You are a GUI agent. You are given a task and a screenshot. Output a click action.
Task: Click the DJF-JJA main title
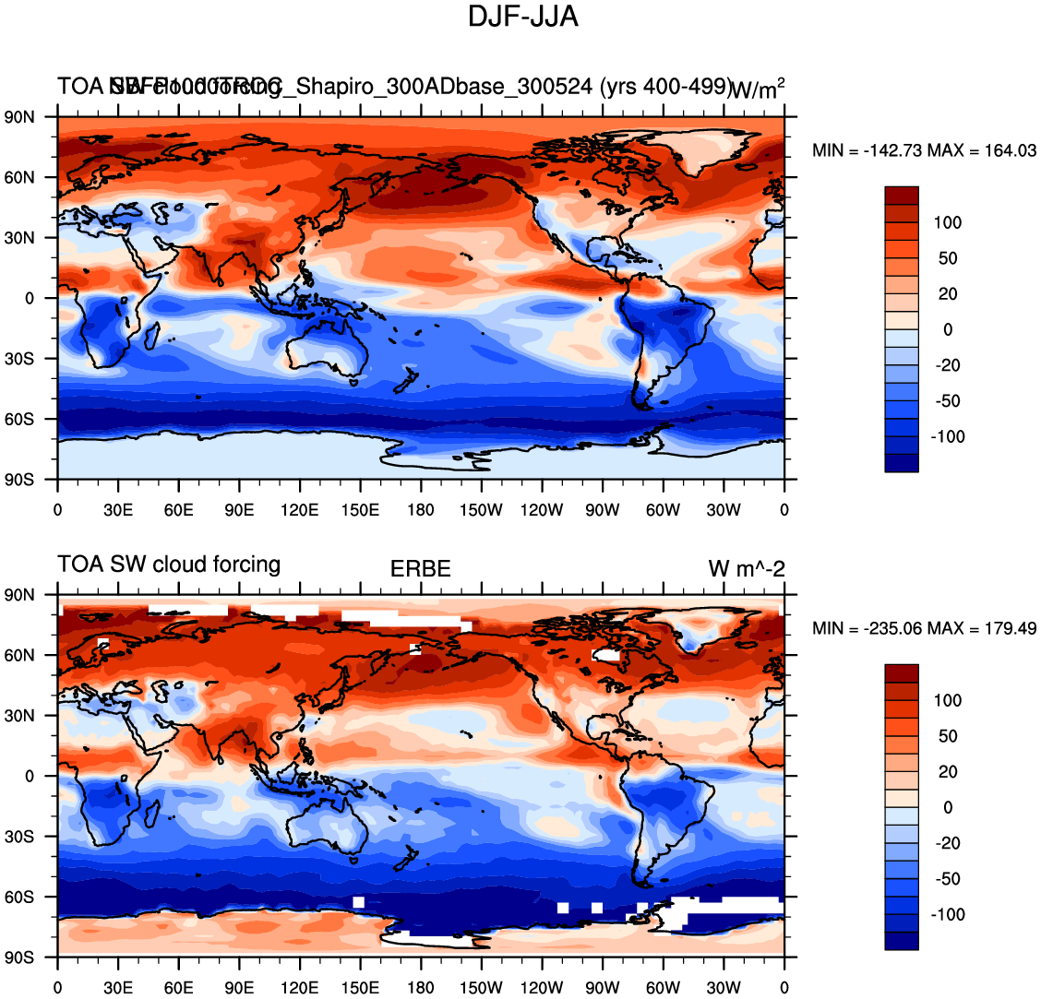click(523, 17)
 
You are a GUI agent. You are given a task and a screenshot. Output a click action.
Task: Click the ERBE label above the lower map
click(421, 569)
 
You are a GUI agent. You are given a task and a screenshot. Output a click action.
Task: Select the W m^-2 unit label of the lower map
click(747, 569)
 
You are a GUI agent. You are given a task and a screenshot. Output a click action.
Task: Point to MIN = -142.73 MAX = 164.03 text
click(924, 151)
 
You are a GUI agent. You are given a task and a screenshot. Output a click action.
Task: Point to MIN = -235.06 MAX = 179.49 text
click(924, 629)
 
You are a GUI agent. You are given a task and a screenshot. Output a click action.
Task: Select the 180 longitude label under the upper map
click(421, 511)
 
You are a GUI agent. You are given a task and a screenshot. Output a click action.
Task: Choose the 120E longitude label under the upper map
click(300, 511)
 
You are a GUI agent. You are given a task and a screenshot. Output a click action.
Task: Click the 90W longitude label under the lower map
click(602, 989)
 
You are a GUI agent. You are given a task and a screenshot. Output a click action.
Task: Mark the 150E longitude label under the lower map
click(360, 989)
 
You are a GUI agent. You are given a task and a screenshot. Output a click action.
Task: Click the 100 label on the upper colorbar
click(948, 222)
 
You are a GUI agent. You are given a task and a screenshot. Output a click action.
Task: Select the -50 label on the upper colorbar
click(948, 401)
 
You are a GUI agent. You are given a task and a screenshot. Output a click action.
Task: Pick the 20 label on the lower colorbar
click(948, 772)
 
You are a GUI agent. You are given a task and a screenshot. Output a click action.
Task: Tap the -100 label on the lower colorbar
click(948, 914)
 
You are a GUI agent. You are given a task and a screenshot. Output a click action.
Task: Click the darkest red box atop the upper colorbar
click(902, 196)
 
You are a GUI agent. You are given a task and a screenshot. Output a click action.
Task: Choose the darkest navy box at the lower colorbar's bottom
click(902, 941)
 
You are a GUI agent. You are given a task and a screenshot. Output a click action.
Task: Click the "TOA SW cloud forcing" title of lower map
click(169, 565)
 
